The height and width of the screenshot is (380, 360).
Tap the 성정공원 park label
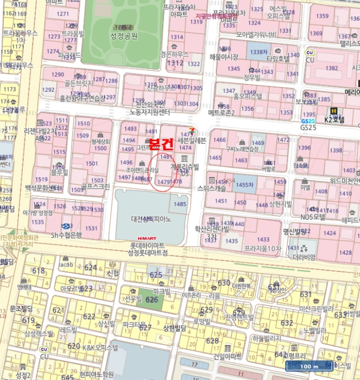pyautogui.click(x=124, y=36)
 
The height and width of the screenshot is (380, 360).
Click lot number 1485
pyautogui.click(x=180, y=204)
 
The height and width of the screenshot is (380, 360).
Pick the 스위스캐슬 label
pyautogui.click(x=211, y=188)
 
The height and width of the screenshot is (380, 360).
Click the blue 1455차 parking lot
pyautogui.click(x=245, y=185)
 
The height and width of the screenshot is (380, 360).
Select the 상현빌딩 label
pyautogui.click(x=174, y=327)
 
